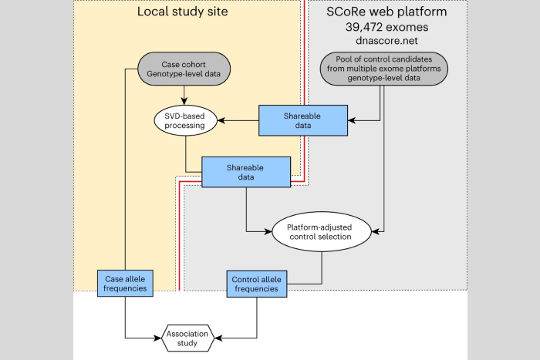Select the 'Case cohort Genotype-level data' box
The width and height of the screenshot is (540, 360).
coord(184,68)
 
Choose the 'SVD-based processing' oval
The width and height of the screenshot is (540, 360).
coord(185,119)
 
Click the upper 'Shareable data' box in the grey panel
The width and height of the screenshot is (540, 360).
coord(291,119)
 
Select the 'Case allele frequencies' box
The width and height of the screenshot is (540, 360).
coord(125,283)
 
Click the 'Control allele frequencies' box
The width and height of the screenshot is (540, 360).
coord(258,283)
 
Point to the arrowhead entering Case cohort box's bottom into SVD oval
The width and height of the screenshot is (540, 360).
coord(185,101)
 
